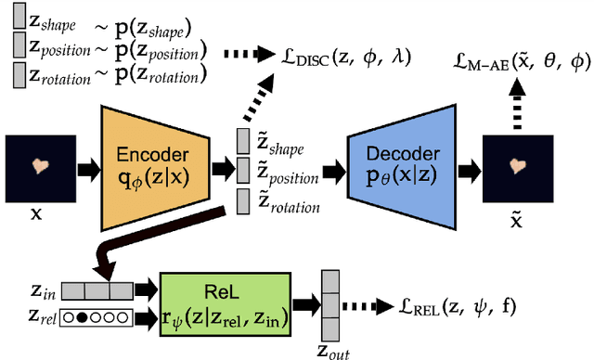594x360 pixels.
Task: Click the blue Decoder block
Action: (400, 167)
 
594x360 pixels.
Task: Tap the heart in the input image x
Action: (41, 167)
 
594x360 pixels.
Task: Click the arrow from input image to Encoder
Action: (85, 168)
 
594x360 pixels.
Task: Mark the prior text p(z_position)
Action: (153, 48)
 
